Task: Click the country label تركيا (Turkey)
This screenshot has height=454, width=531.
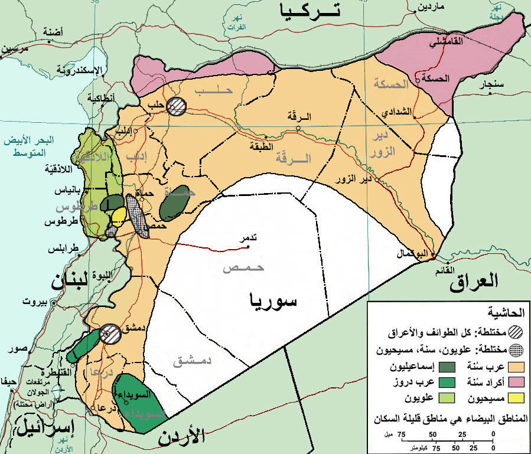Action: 311,10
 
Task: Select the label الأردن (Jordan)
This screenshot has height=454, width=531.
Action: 181,437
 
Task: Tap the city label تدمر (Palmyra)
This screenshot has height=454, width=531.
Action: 246,239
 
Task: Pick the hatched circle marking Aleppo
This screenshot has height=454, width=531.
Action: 176,106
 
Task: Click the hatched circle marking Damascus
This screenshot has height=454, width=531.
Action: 108,334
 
